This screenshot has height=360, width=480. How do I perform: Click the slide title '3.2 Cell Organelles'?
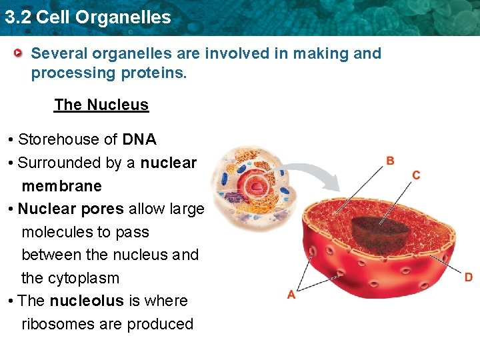click(x=87, y=17)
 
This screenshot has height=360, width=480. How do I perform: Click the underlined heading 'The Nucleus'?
click(x=101, y=105)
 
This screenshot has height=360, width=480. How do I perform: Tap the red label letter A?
click(x=291, y=295)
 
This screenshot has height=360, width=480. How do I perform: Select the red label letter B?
click(x=390, y=161)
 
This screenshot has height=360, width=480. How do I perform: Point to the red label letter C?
click(x=416, y=175)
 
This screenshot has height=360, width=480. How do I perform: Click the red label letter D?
click(x=468, y=277)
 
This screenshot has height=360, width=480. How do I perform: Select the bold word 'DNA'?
click(x=139, y=139)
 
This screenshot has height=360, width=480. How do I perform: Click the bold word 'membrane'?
click(x=61, y=186)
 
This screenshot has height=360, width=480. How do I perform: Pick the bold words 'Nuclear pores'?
click(x=71, y=209)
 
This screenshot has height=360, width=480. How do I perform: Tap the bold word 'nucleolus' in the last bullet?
click(x=87, y=301)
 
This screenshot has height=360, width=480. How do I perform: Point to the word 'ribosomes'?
click(x=57, y=324)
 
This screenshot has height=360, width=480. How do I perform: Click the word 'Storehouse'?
click(x=58, y=139)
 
